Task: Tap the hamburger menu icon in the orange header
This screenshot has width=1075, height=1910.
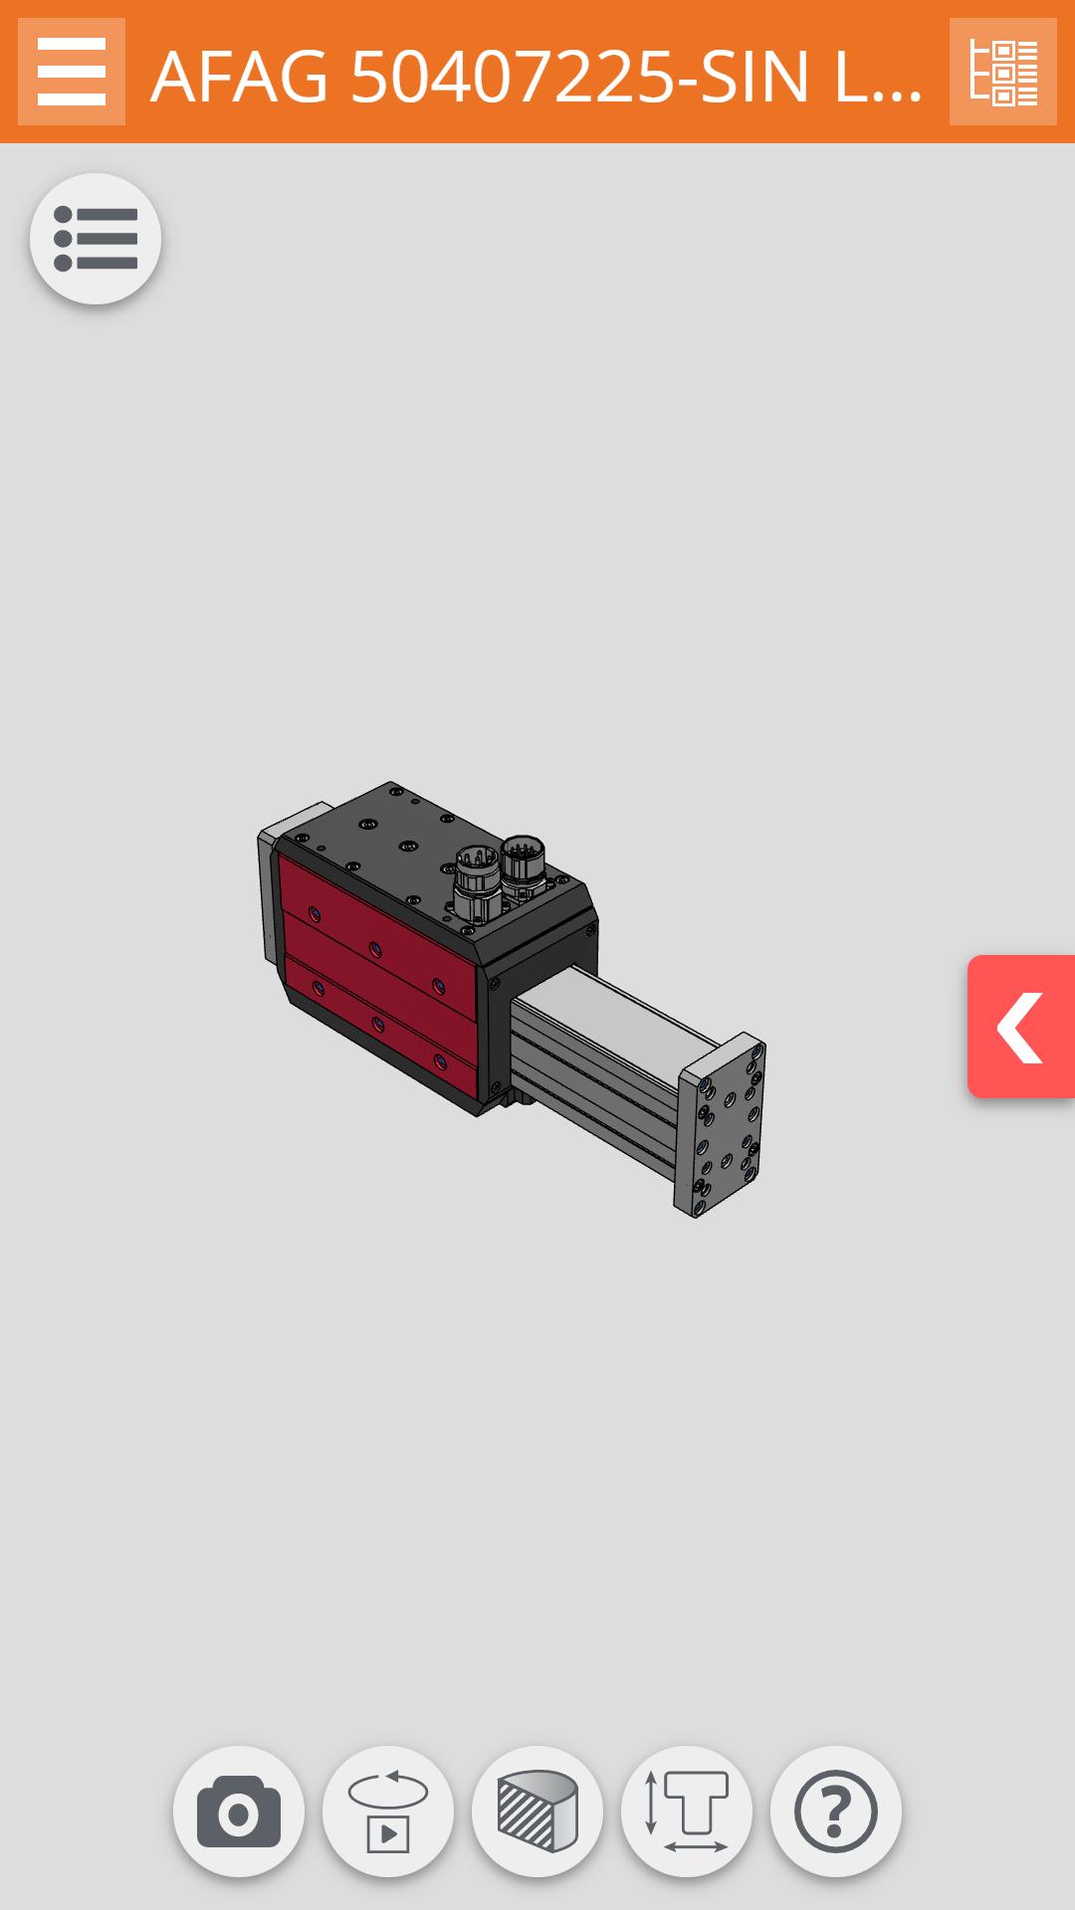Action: (x=72, y=72)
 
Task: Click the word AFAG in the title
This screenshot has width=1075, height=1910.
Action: (x=239, y=78)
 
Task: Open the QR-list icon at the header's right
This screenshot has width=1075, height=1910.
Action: (x=1002, y=72)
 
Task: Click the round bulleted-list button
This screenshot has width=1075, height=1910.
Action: (x=96, y=239)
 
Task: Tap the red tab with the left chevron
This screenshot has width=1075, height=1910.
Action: (x=1021, y=1027)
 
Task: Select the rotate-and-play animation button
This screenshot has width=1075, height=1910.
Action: (x=388, y=1811)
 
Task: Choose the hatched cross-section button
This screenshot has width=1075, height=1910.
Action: (x=537, y=1811)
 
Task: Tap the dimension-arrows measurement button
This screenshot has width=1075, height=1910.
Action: (x=687, y=1811)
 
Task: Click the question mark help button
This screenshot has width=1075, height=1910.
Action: (x=836, y=1811)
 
